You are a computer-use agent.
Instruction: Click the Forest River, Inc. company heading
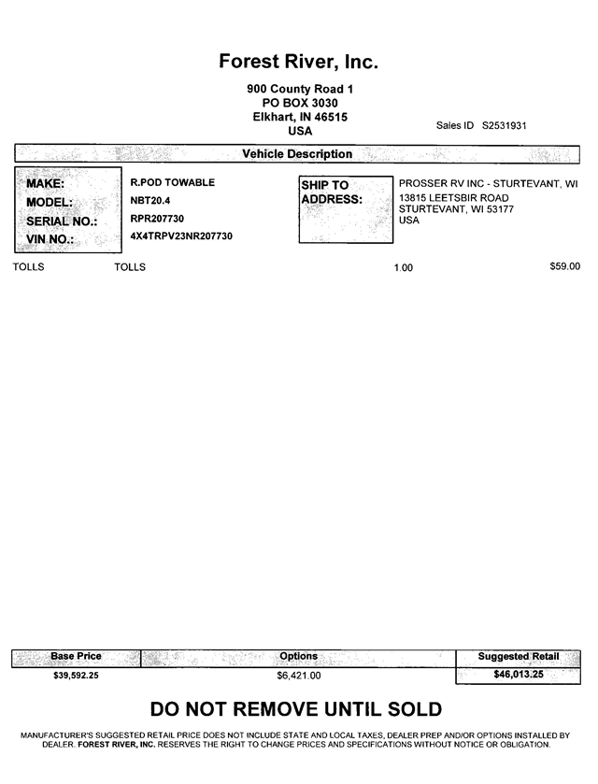(298, 62)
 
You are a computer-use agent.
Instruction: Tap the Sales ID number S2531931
(505, 125)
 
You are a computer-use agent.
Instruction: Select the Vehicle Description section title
(297, 154)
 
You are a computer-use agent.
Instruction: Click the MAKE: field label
(45, 184)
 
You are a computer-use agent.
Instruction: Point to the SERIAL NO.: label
(62, 221)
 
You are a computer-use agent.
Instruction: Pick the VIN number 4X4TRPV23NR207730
(181, 236)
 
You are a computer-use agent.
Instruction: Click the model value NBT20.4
(150, 201)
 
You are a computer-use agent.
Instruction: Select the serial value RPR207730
(157, 219)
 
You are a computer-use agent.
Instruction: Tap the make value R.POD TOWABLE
(173, 182)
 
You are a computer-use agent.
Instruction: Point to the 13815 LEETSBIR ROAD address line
(454, 198)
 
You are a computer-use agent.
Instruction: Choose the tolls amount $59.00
(564, 266)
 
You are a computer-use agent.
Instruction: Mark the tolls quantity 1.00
(403, 268)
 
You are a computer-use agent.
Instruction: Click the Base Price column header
(76, 657)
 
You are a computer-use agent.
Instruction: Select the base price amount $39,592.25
(77, 675)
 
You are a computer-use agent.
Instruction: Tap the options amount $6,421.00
(298, 675)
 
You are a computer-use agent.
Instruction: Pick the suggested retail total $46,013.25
(518, 674)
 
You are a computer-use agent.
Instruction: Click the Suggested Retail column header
(518, 657)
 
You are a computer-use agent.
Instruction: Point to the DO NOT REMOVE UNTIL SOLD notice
(296, 710)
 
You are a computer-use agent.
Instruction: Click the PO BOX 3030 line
(300, 103)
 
